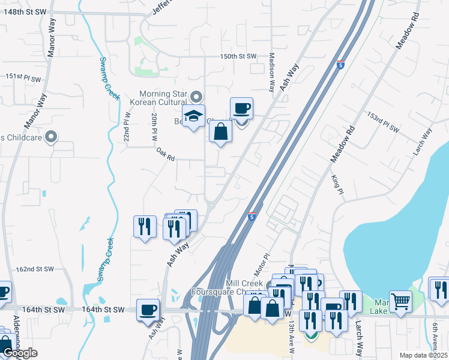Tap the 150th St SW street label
click(x=238, y=56)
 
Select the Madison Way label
click(x=272, y=71)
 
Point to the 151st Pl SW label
click(x=23, y=78)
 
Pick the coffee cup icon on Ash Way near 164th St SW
click(x=148, y=310)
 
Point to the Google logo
click(x=20, y=353)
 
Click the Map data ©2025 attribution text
click(x=424, y=355)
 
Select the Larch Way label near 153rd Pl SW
click(x=423, y=142)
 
